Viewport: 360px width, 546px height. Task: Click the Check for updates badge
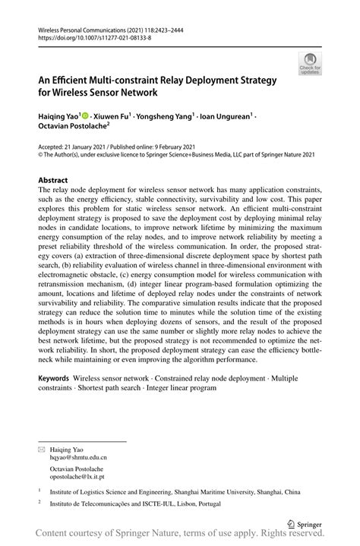coord(310,64)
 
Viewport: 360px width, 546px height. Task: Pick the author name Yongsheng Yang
coord(166,117)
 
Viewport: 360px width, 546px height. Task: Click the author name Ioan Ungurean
coord(226,117)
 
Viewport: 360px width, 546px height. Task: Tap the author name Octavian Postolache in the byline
coord(72,128)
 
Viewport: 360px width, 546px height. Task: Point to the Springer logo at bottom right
coord(305,524)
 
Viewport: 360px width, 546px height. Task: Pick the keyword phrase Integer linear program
coord(180,387)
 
